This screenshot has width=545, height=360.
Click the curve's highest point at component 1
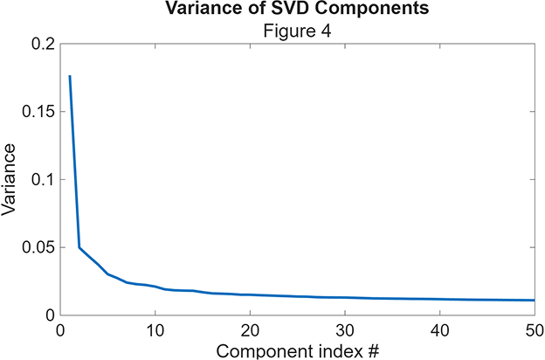(70, 77)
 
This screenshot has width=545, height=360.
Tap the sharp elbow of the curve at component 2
(79, 247)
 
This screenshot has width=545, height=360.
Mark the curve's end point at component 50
(534, 300)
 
